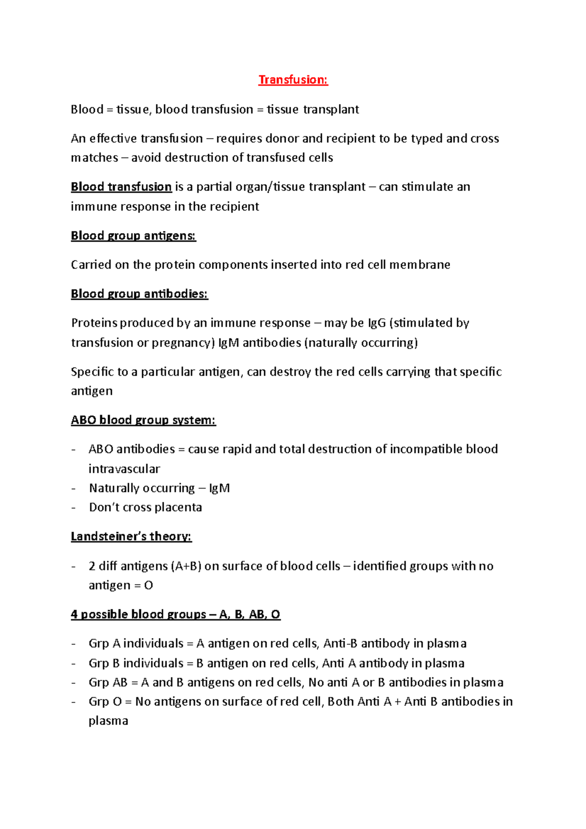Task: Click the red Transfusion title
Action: tap(293, 80)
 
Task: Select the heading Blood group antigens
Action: tap(133, 236)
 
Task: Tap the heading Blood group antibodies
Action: tap(139, 294)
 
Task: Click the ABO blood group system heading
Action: tap(143, 420)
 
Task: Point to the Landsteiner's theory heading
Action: tap(131, 537)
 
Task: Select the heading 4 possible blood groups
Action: tap(175, 614)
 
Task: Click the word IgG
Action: tap(377, 323)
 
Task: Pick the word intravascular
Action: tap(124, 469)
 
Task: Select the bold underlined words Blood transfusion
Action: tap(121, 187)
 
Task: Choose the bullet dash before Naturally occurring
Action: tap(73, 488)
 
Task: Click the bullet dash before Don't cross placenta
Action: tap(73, 508)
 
